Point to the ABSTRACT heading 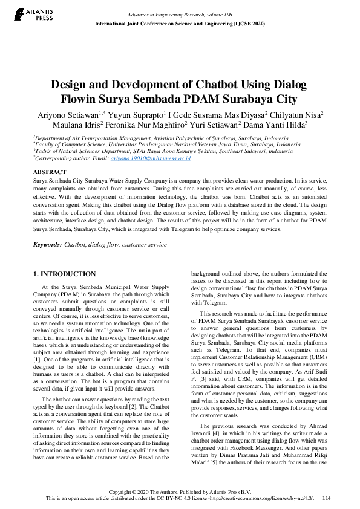[x=49, y=172]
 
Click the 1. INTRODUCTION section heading [x=64, y=274]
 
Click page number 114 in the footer [x=327, y=498]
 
